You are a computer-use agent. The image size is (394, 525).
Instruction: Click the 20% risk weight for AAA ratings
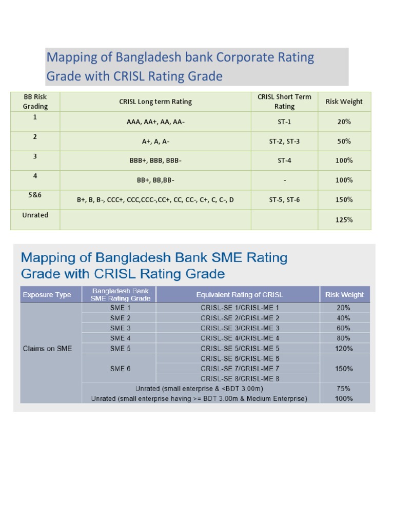point(344,122)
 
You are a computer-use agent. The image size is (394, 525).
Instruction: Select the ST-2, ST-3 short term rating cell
point(284,141)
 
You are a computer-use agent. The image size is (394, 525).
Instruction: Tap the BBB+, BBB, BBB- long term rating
point(155,160)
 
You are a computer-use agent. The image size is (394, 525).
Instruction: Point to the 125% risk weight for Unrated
point(344,220)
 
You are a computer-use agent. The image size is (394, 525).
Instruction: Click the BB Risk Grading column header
point(35,102)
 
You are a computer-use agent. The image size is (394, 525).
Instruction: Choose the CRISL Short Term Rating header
point(284,102)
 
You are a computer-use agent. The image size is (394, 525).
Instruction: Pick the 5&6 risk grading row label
point(35,196)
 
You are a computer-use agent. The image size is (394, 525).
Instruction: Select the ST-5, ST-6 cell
point(284,199)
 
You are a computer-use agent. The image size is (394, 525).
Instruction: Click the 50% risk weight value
point(344,141)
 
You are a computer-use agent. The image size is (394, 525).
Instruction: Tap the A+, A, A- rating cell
point(155,141)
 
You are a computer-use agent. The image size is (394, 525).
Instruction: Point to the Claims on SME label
point(48,349)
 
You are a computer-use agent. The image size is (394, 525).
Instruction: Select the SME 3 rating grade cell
point(121,328)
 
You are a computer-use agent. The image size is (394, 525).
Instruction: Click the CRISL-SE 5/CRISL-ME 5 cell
point(240,349)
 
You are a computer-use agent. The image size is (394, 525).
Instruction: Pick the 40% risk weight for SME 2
point(344,318)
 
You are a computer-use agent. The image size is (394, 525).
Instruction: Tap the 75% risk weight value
point(344,389)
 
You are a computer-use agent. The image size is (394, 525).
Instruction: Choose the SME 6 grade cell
point(121,369)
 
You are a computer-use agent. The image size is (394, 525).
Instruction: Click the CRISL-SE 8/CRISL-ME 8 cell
point(240,378)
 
